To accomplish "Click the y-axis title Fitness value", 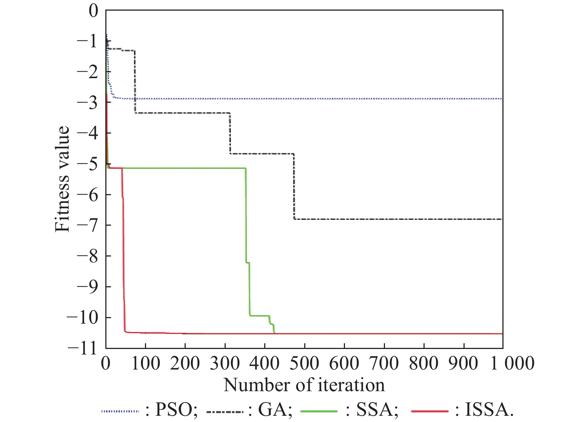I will point(62,179).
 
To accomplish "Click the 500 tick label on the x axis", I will point(304,363).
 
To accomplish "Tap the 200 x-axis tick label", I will point(185,363).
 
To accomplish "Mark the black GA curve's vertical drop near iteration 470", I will point(294,187).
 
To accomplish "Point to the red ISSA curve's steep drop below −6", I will point(124,257).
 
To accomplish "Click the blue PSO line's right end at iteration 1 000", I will point(501,99).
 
